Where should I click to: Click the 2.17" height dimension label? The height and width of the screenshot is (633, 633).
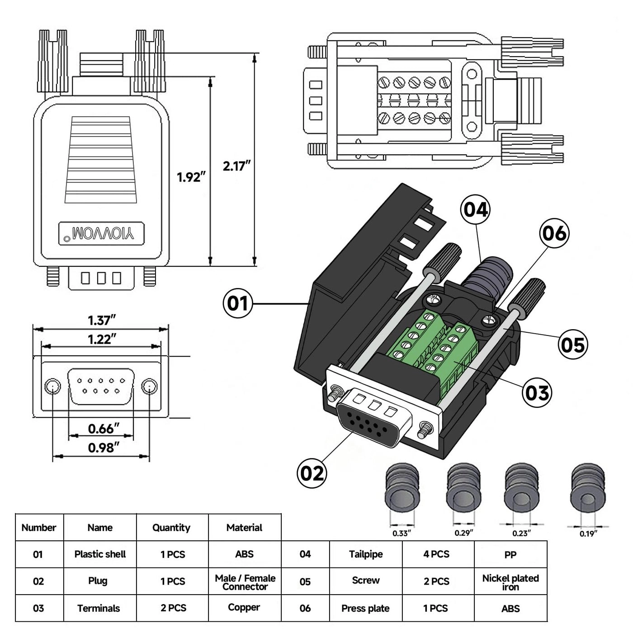pyautogui.click(x=236, y=166)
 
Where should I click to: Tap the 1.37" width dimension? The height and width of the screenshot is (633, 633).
pyautogui.click(x=102, y=320)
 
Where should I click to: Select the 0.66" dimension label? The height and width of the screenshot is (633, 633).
pyautogui.click(x=104, y=428)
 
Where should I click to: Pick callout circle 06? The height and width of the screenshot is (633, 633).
pyautogui.click(x=554, y=233)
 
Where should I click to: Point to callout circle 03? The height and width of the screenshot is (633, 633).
pyautogui.click(x=537, y=392)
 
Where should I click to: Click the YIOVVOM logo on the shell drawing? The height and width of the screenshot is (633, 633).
pyautogui.click(x=102, y=234)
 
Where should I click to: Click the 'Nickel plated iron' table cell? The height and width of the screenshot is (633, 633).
pyautogui.click(x=510, y=582)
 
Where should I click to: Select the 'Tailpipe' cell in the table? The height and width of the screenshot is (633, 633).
pyautogui.click(x=366, y=554)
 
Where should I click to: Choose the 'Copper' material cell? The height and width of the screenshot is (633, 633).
pyautogui.click(x=244, y=608)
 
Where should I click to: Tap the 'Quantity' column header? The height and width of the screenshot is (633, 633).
pyautogui.click(x=171, y=527)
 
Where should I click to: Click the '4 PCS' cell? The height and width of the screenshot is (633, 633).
pyautogui.click(x=437, y=554)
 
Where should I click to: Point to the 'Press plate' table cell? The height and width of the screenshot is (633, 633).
pyautogui.click(x=365, y=609)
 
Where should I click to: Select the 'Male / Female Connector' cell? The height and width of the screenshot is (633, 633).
pyautogui.click(x=245, y=582)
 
